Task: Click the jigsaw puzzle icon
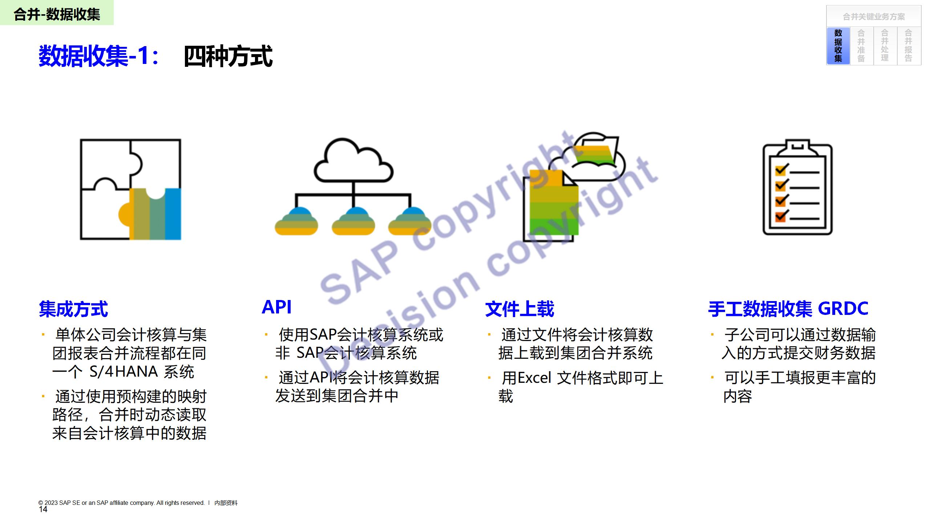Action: tap(130, 189)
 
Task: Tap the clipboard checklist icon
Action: tap(797, 187)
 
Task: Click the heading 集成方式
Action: tap(73, 309)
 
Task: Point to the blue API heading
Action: tap(277, 307)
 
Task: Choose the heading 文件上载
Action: tap(519, 309)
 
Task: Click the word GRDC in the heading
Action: tap(843, 308)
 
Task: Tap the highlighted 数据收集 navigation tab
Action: tap(838, 46)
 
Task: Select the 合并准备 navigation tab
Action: tap(861, 46)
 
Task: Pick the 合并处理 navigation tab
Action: tap(885, 46)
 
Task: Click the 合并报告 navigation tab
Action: tap(909, 46)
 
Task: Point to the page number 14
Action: tap(43, 510)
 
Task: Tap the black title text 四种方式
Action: tap(228, 56)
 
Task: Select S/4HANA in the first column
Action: tap(124, 372)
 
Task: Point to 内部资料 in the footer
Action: tap(226, 503)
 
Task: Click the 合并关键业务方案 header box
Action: tap(874, 17)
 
